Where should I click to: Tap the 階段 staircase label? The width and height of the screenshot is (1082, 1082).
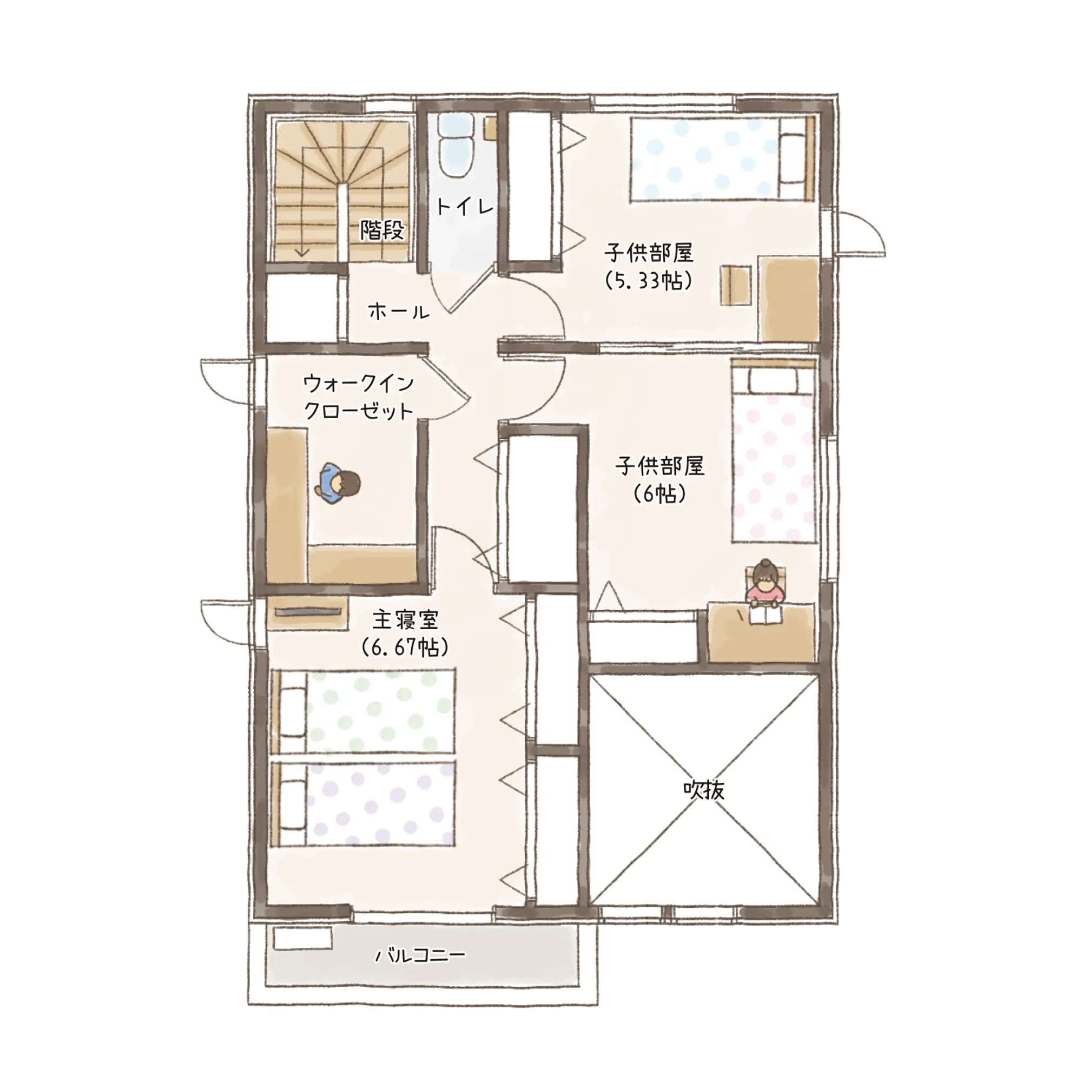coord(382,229)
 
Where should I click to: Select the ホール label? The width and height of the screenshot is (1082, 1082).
coord(399,311)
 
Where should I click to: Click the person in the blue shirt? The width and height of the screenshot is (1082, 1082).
coord(339,483)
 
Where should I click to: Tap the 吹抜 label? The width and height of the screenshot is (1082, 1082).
coord(704,790)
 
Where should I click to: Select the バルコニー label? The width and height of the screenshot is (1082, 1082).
coord(420,954)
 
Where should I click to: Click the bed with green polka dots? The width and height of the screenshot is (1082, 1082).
coord(363,711)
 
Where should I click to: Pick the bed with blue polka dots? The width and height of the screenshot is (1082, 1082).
coord(722,159)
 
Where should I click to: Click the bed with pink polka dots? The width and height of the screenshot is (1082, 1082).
coord(774,451)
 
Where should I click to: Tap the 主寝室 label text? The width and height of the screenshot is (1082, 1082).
coord(405,621)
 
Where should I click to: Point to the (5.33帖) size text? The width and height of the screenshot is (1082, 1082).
coord(649,280)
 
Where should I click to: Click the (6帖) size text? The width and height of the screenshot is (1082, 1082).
coord(659,493)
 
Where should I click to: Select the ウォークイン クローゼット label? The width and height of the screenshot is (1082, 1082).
coord(359,398)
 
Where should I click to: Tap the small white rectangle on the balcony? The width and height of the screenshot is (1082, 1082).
coord(302,939)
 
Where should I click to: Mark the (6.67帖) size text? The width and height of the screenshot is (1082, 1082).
coord(405,648)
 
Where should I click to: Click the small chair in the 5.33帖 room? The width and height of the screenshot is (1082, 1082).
coord(736,286)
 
